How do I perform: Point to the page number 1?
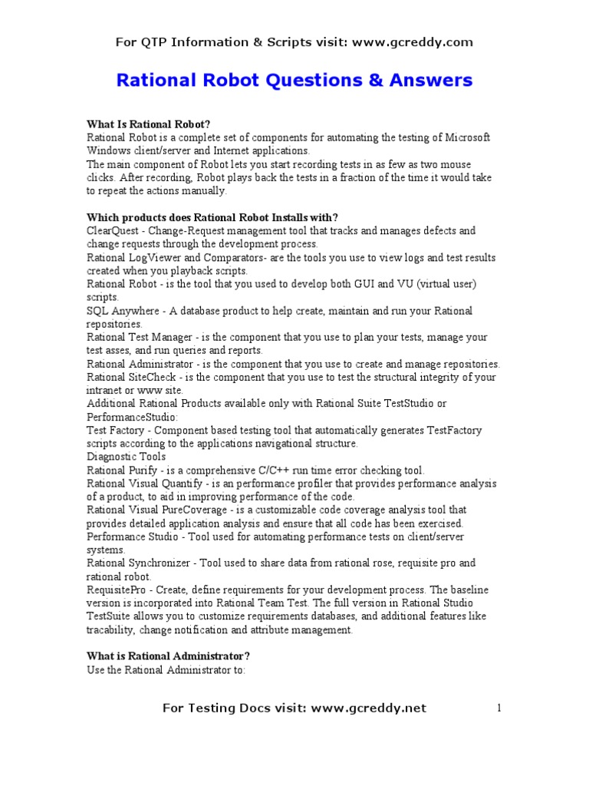click(x=499, y=708)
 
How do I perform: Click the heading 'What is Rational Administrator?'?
click(x=168, y=656)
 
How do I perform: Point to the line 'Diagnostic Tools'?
click(x=126, y=457)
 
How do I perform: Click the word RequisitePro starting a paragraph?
click(x=119, y=589)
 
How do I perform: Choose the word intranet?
click(x=106, y=390)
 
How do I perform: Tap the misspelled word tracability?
click(x=114, y=629)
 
